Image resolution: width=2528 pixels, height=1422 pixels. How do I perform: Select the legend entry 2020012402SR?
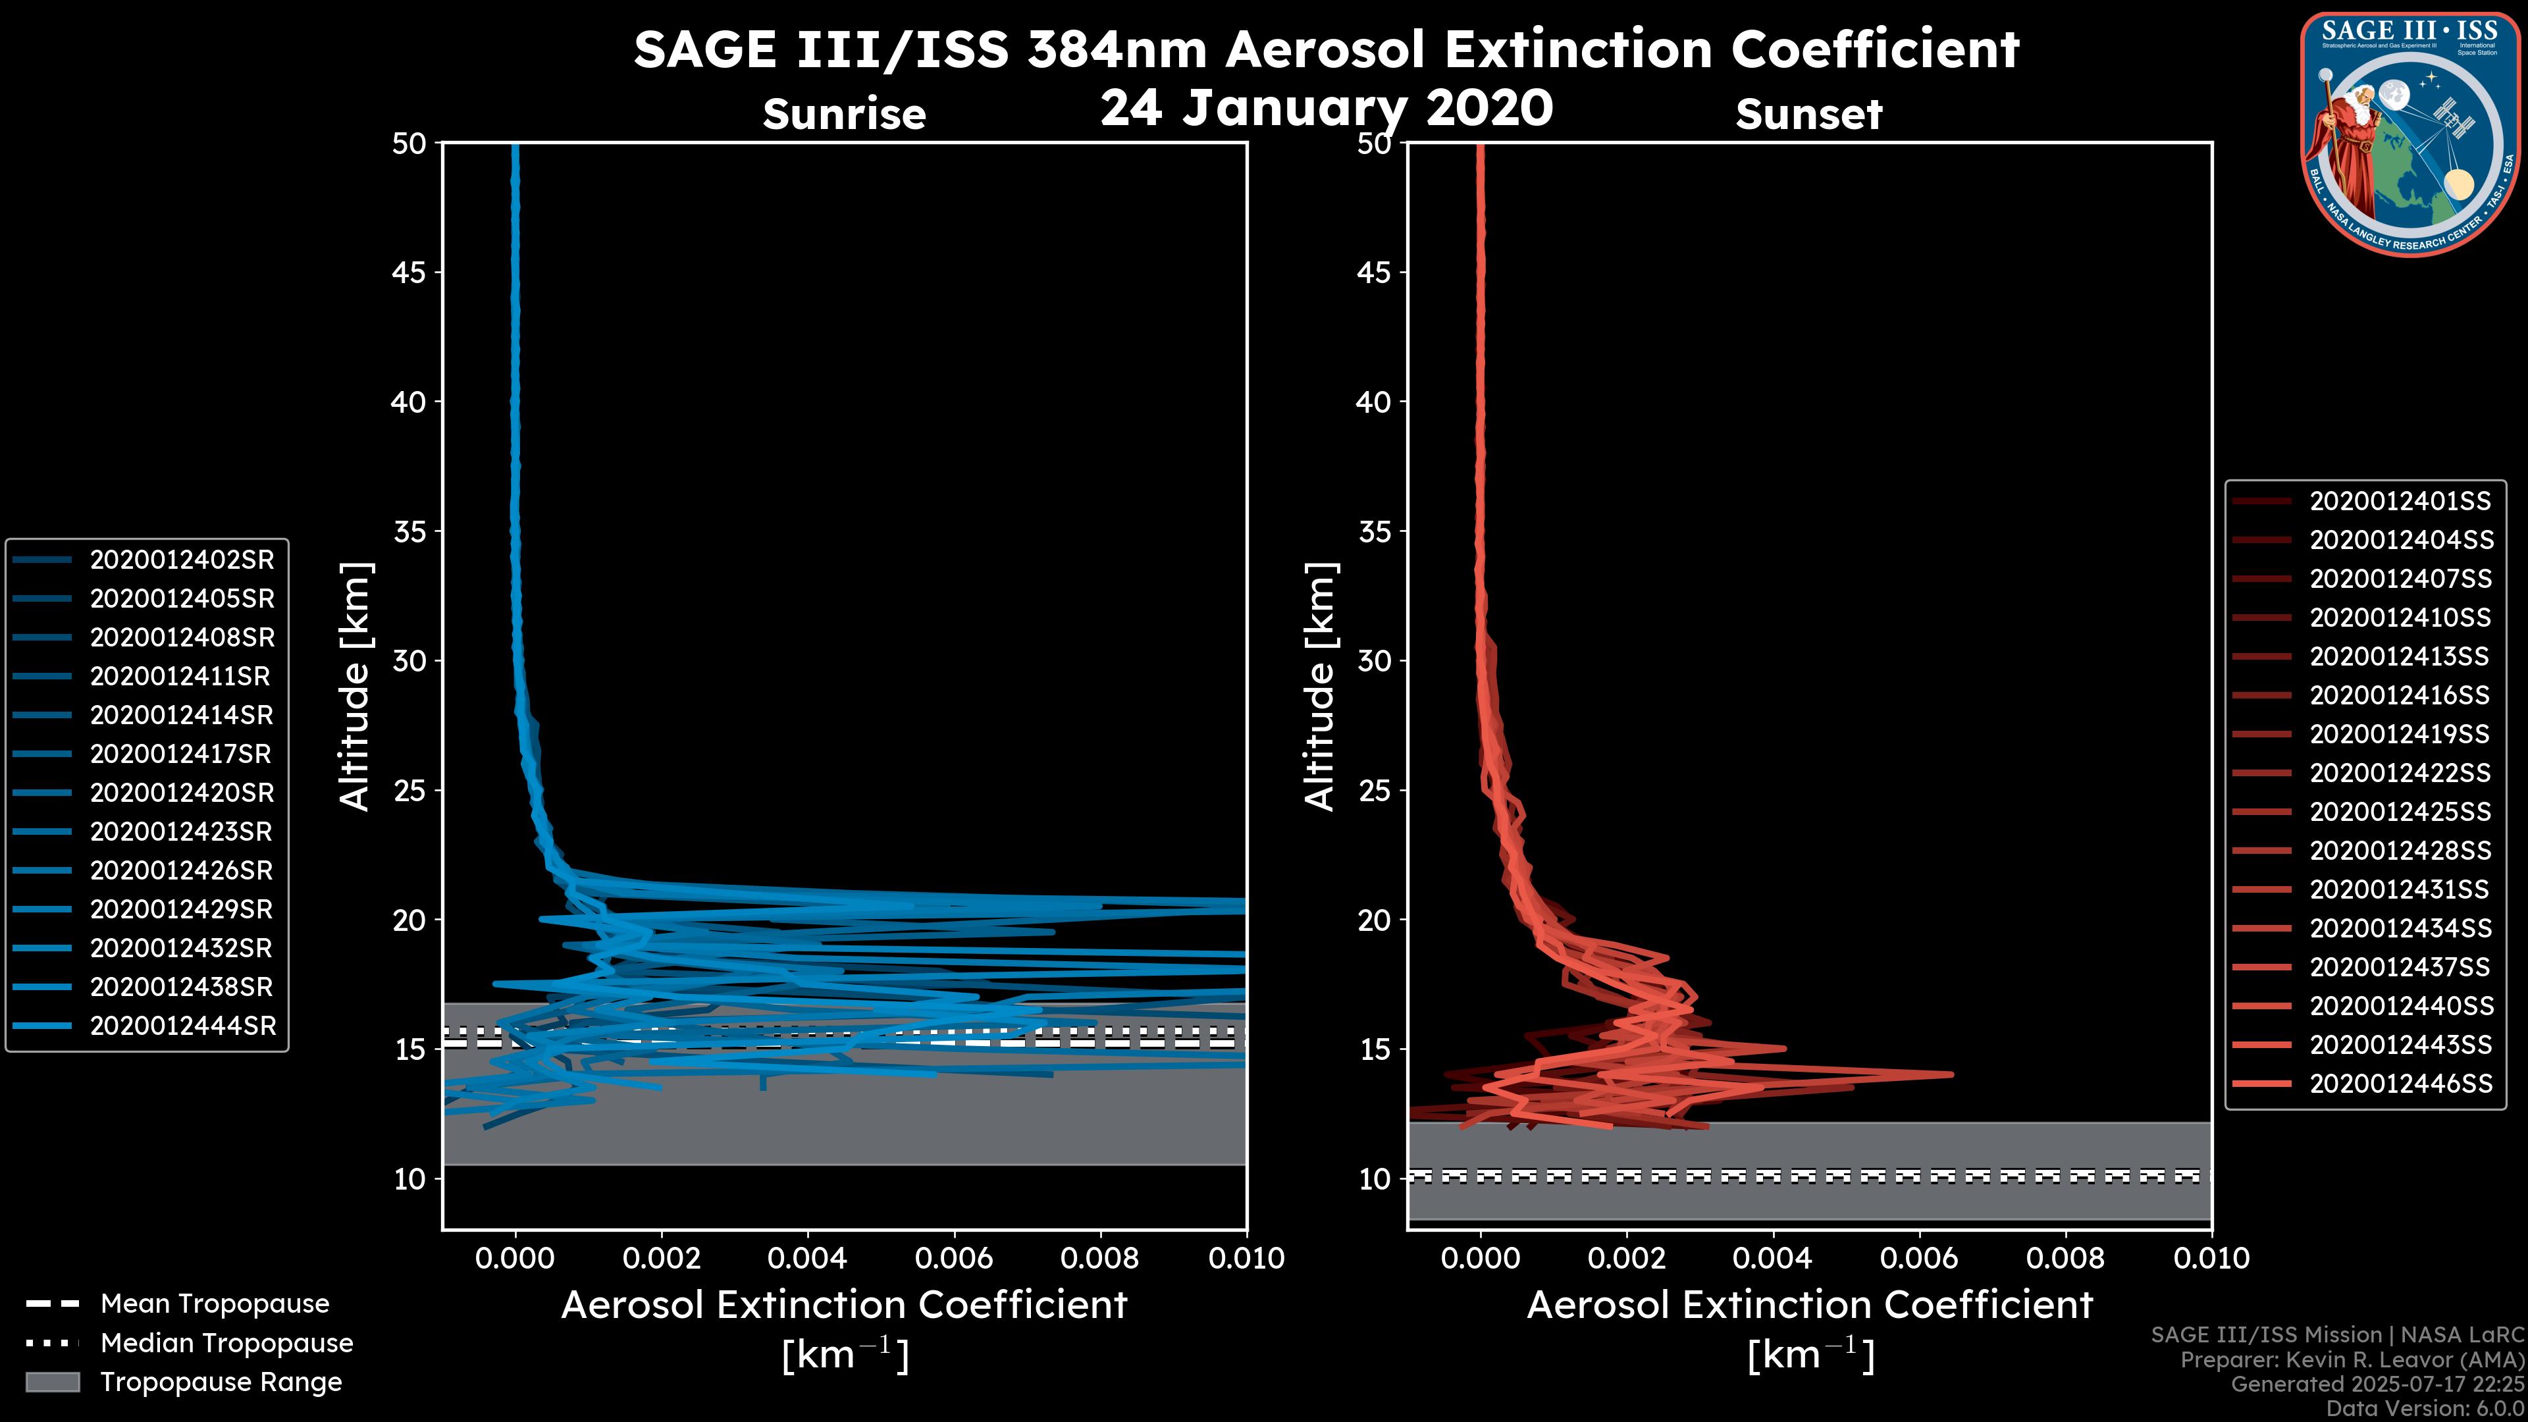tap(182, 560)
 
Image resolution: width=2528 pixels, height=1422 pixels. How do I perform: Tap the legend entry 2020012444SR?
tap(182, 1026)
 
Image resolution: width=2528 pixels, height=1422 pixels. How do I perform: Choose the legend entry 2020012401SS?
tap(2400, 502)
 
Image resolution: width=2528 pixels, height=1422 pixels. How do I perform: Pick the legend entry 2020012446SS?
tap(2400, 1084)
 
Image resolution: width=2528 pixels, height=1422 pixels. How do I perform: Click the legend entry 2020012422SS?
tap(2400, 774)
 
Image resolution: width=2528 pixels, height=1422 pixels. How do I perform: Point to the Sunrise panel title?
tap(844, 115)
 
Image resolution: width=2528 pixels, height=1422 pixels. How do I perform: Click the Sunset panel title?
tap(1808, 115)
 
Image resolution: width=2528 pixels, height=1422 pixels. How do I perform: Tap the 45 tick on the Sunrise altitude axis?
tap(409, 272)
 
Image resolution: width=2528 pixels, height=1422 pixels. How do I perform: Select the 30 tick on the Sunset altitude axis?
tap(1374, 660)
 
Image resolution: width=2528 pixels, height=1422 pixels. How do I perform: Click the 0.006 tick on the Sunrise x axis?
tap(954, 1258)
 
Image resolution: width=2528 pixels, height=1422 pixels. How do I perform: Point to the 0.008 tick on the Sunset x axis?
tap(2066, 1258)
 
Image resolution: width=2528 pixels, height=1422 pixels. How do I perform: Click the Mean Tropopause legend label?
tap(215, 1303)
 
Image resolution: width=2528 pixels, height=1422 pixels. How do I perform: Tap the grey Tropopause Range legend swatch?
tap(52, 1382)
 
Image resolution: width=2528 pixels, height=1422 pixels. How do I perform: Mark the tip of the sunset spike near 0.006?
tap(1951, 1074)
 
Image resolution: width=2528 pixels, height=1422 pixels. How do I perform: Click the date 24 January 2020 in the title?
tap(1326, 108)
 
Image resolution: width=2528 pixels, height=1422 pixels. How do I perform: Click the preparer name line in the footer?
tap(2352, 1359)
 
